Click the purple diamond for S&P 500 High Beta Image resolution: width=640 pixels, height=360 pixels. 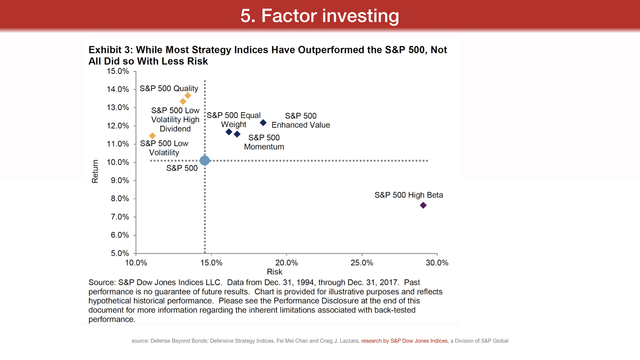coord(423,205)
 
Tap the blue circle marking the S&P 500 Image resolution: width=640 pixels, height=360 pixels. coord(205,161)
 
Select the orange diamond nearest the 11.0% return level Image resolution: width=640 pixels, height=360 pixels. coord(152,136)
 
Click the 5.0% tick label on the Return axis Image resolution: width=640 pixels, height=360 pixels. coord(120,253)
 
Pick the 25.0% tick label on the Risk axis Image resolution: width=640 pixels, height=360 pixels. coord(362,263)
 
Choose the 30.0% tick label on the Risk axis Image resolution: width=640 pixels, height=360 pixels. coord(437,263)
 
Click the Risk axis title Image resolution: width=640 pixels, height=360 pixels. coord(274,272)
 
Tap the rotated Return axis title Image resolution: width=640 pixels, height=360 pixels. coord(95,171)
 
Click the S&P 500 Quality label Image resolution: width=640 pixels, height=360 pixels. coord(169,88)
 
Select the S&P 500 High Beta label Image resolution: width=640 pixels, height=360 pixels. coord(409,195)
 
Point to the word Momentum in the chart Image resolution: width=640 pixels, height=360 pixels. coord(264,147)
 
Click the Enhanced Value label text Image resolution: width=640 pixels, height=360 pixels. coord(301,125)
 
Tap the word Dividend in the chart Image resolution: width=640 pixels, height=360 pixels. coord(175,129)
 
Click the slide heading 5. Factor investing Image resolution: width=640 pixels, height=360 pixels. coord(320,16)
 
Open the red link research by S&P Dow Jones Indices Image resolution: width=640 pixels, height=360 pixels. coord(404,341)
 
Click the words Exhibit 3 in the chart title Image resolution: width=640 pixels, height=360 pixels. coord(109,50)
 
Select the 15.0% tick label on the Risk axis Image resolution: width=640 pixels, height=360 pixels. coord(211,263)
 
